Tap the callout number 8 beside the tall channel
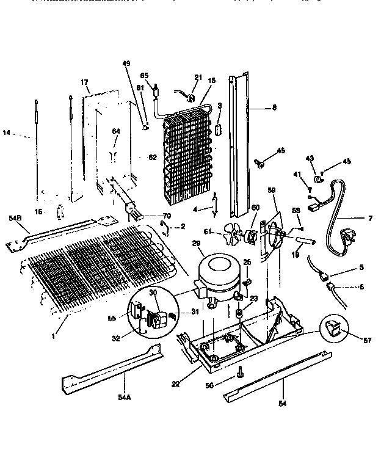click(x=274, y=107)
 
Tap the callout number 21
click(x=197, y=77)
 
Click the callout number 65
click(x=144, y=76)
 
